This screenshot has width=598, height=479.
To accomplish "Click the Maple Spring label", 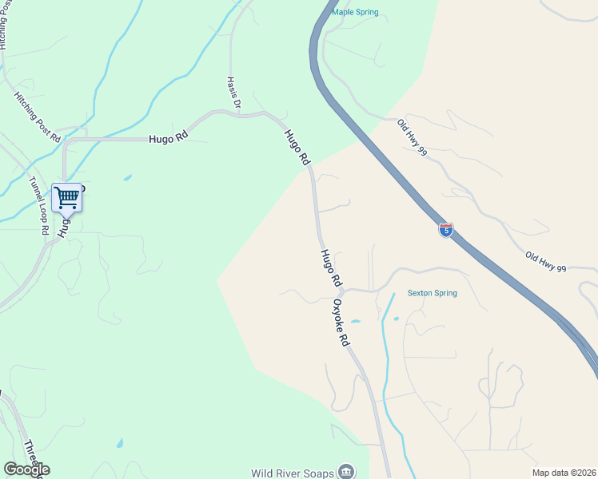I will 355,12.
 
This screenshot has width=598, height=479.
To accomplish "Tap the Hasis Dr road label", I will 233,93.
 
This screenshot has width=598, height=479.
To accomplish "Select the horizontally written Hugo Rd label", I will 168,137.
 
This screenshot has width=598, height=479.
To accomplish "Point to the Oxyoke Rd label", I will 341,323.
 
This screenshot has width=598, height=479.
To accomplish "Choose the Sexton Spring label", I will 432,293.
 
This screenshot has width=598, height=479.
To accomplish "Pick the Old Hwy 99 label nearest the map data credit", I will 545,263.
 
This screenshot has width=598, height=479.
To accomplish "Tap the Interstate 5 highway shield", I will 446,230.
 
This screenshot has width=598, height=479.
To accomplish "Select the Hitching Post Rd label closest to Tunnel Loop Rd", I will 38,117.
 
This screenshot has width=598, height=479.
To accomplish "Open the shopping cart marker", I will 66,196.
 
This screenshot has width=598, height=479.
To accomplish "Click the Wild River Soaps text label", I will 293,473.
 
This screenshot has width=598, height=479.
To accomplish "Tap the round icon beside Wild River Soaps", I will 346,472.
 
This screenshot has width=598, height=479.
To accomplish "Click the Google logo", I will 26,469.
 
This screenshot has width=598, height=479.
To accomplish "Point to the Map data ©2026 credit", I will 563,473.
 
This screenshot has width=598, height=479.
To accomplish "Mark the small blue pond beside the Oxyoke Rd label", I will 355,322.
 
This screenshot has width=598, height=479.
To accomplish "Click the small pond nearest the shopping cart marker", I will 127,177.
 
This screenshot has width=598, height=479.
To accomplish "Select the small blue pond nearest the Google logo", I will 119,443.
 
